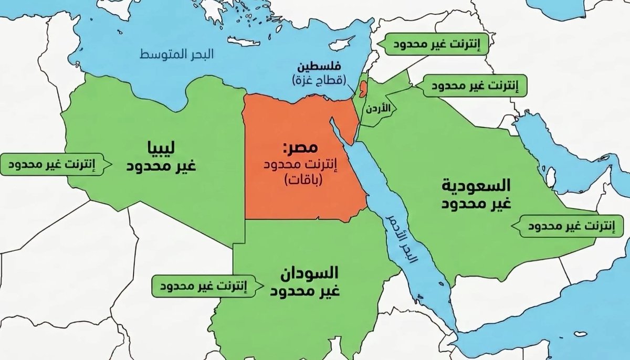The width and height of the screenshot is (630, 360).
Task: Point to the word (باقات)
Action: point(302,181)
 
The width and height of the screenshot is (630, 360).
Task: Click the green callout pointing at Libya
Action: point(54,164)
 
